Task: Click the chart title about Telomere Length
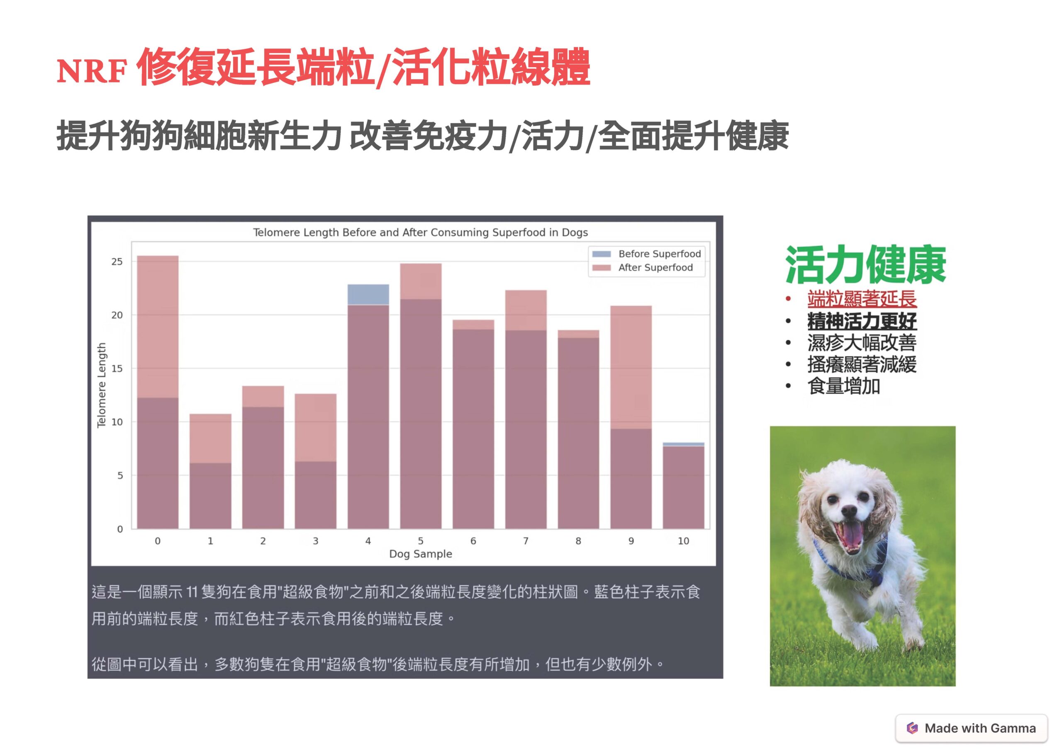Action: [x=420, y=232]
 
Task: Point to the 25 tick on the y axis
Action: [x=117, y=262]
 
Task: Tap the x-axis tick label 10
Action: [x=683, y=541]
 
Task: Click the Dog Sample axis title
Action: [x=421, y=554]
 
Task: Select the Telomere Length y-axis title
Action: [x=102, y=385]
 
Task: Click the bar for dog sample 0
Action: [x=158, y=392]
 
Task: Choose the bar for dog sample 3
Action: [x=315, y=461]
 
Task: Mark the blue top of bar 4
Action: [x=368, y=295]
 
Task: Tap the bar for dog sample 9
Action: [x=631, y=417]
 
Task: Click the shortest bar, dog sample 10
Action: [x=683, y=485]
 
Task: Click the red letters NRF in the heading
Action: [x=92, y=72]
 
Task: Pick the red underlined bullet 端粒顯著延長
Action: [x=862, y=299]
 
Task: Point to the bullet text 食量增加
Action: [x=843, y=386]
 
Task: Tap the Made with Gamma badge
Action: [x=971, y=728]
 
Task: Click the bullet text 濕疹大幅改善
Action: [x=862, y=343]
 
